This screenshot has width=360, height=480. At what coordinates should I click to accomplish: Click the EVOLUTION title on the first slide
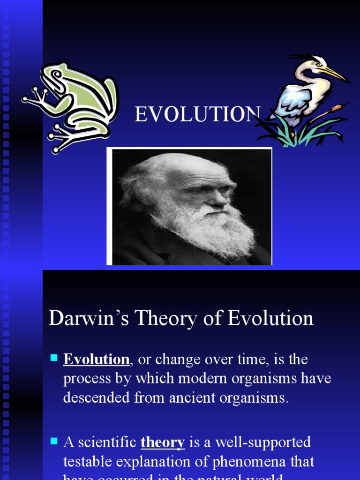[197, 114]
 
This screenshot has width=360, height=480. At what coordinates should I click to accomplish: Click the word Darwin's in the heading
[89, 319]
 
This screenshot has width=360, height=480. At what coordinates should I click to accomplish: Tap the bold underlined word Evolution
[97, 360]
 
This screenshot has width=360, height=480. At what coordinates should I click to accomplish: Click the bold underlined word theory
[163, 442]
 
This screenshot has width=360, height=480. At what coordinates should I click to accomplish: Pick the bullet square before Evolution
[53, 359]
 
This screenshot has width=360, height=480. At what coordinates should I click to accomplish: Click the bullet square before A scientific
[53, 441]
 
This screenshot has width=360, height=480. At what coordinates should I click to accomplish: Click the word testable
[90, 461]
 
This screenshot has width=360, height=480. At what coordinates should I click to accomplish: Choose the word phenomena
[242, 461]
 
